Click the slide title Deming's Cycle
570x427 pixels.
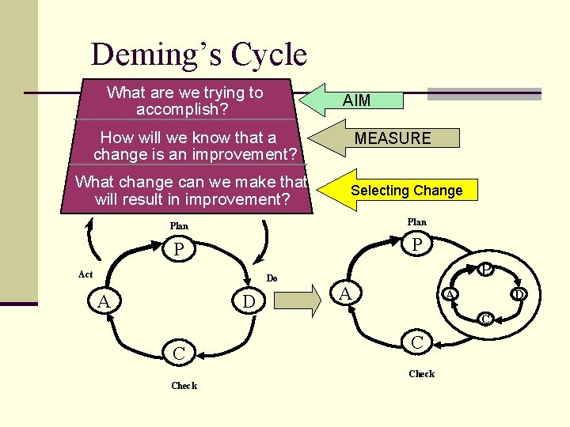(199, 55)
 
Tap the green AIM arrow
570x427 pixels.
(355, 100)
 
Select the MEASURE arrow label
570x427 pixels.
(392, 138)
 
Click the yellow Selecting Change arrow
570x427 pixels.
(405, 191)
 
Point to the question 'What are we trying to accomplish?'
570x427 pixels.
(184, 100)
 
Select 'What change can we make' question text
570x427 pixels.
(191, 191)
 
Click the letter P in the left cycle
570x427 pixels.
(180, 251)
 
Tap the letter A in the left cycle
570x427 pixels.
(104, 302)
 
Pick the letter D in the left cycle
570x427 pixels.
(249, 302)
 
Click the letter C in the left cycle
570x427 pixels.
(180, 353)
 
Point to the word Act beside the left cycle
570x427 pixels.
(85, 274)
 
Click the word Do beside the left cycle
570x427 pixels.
(272, 278)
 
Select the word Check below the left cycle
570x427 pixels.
(184, 386)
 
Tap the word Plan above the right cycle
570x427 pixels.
(416, 222)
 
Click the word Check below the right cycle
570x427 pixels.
(421, 374)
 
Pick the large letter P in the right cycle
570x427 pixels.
(417, 246)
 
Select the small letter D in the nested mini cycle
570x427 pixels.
(519, 295)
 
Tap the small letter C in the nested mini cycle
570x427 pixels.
(486, 319)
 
